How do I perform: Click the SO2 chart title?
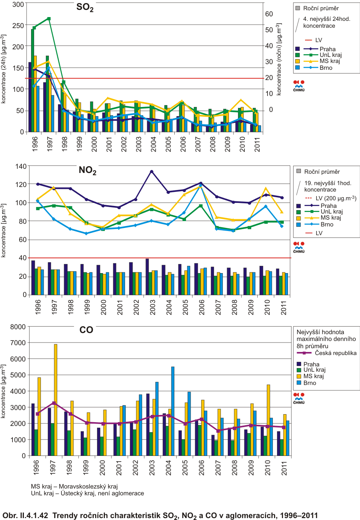85,8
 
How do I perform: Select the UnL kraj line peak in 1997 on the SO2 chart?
49,19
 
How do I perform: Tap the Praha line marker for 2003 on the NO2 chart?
152,171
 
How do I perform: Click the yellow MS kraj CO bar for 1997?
55,400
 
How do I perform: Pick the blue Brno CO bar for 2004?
172,411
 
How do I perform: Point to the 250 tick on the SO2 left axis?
18,25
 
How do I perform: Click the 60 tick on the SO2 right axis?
269,14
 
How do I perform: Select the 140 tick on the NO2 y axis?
21,167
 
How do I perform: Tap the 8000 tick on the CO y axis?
18,327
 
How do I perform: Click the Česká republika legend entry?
327,353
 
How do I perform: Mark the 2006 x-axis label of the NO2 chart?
201,307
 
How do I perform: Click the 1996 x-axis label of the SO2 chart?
35,144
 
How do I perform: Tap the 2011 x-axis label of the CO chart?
284,468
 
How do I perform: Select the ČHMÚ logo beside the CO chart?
299,398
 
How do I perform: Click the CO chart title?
86,330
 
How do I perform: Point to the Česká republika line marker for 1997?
54,403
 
